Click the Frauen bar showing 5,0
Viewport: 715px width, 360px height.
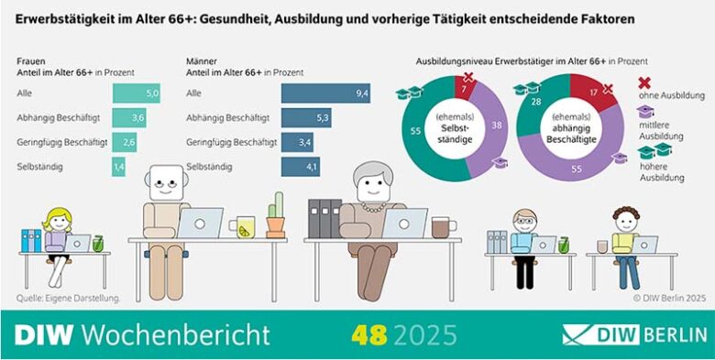[136, 93]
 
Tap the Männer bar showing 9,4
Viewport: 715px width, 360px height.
[324, 93]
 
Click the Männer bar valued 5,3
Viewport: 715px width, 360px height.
[306, 117]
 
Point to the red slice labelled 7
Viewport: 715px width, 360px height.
[466, 88]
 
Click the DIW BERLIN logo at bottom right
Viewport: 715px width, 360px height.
[634, 334]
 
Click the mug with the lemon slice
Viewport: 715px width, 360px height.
[245, 228]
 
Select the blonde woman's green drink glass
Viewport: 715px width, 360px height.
[98, 244]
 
